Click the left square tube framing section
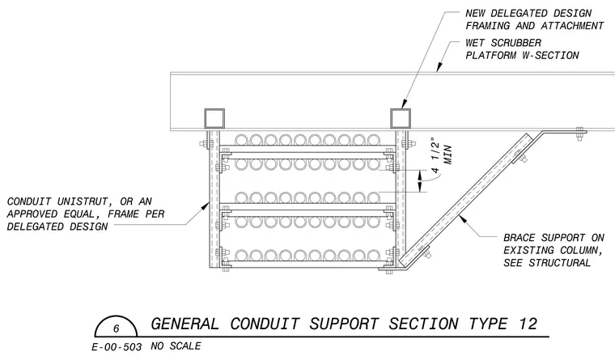click(214, 118)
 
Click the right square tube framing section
click(400, 118)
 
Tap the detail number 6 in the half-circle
click(116, 328)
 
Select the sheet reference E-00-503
click(117, 347)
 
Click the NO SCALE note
click(176, 346)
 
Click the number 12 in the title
click(528, 324)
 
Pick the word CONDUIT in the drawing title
click(265, 324)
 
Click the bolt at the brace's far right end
click(579, 133)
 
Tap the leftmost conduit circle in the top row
click(242, 140)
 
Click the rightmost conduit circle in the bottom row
click(373, 256)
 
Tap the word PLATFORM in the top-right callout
click(490, 55)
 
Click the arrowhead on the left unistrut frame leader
click(206, 205)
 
